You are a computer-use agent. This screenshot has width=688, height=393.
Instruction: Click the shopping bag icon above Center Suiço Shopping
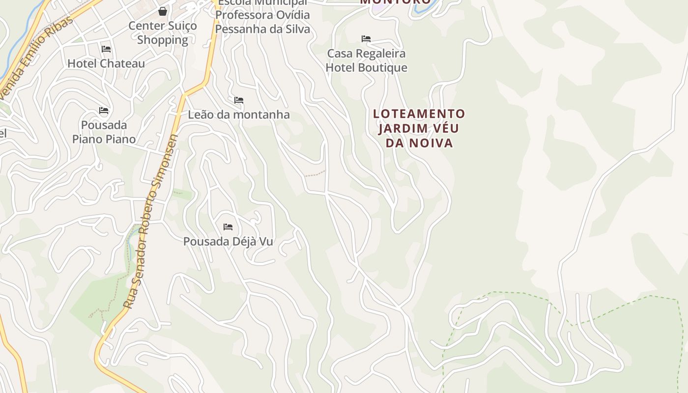(x=163, y=11)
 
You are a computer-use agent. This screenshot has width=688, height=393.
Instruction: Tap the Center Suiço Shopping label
(x=163, y=33)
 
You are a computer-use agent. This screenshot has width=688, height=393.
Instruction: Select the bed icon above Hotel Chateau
(x=106, y=49)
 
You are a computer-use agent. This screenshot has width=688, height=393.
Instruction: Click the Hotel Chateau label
(x=106, y=63)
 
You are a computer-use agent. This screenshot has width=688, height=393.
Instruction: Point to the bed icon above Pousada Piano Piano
(x=104, y=111)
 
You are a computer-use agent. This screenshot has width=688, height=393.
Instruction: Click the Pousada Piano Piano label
(x=104, y=132)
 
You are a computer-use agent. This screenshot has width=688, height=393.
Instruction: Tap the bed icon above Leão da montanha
(x=239, y=100)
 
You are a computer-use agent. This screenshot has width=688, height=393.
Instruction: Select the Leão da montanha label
(x=239, y=114)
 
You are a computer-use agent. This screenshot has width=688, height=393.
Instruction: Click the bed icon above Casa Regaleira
(x=366, y=39)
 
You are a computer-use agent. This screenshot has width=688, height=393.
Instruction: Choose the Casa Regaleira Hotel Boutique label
(x=367, y=60)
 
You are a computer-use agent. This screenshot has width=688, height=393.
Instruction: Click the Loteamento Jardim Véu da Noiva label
(x=419, y=128)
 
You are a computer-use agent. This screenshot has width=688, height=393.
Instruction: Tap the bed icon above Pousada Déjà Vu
(x=228, y=227)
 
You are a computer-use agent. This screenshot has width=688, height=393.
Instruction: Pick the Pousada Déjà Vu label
(x=228, y=242)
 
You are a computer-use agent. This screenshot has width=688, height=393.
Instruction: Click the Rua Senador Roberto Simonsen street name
(x=150, y=221)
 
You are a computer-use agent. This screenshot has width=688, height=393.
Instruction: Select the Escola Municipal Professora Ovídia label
(x=263, y=15)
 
